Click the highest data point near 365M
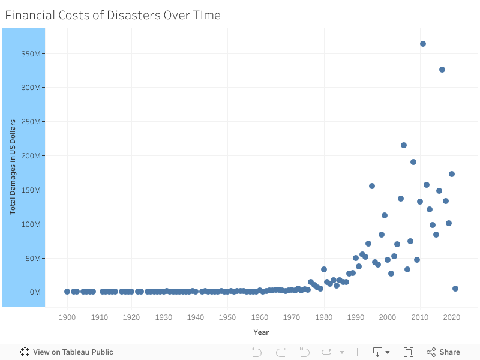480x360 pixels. point(423,44)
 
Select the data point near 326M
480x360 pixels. point(442,70)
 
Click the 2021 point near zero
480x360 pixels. point(455,289)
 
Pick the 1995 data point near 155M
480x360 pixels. point(372,186)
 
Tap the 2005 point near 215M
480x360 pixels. point(404,145)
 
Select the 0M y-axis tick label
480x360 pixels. point(34,292)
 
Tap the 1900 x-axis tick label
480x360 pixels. point(67,317)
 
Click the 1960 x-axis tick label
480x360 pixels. point(260,317)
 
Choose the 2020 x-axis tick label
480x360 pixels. point(452,317)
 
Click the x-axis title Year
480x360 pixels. point(261,332)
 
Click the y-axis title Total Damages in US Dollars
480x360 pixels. point(12,167)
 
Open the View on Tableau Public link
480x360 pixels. point(67,352)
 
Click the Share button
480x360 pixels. point(443,352)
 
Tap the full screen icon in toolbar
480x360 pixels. point(409,352)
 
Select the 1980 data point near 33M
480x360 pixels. point(324,269)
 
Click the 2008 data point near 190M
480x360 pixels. point(413,162)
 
